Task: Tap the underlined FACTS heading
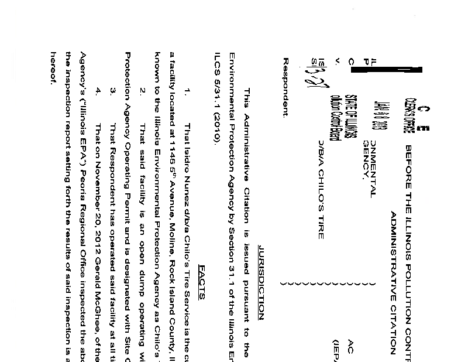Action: click(x=202, y=281)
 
